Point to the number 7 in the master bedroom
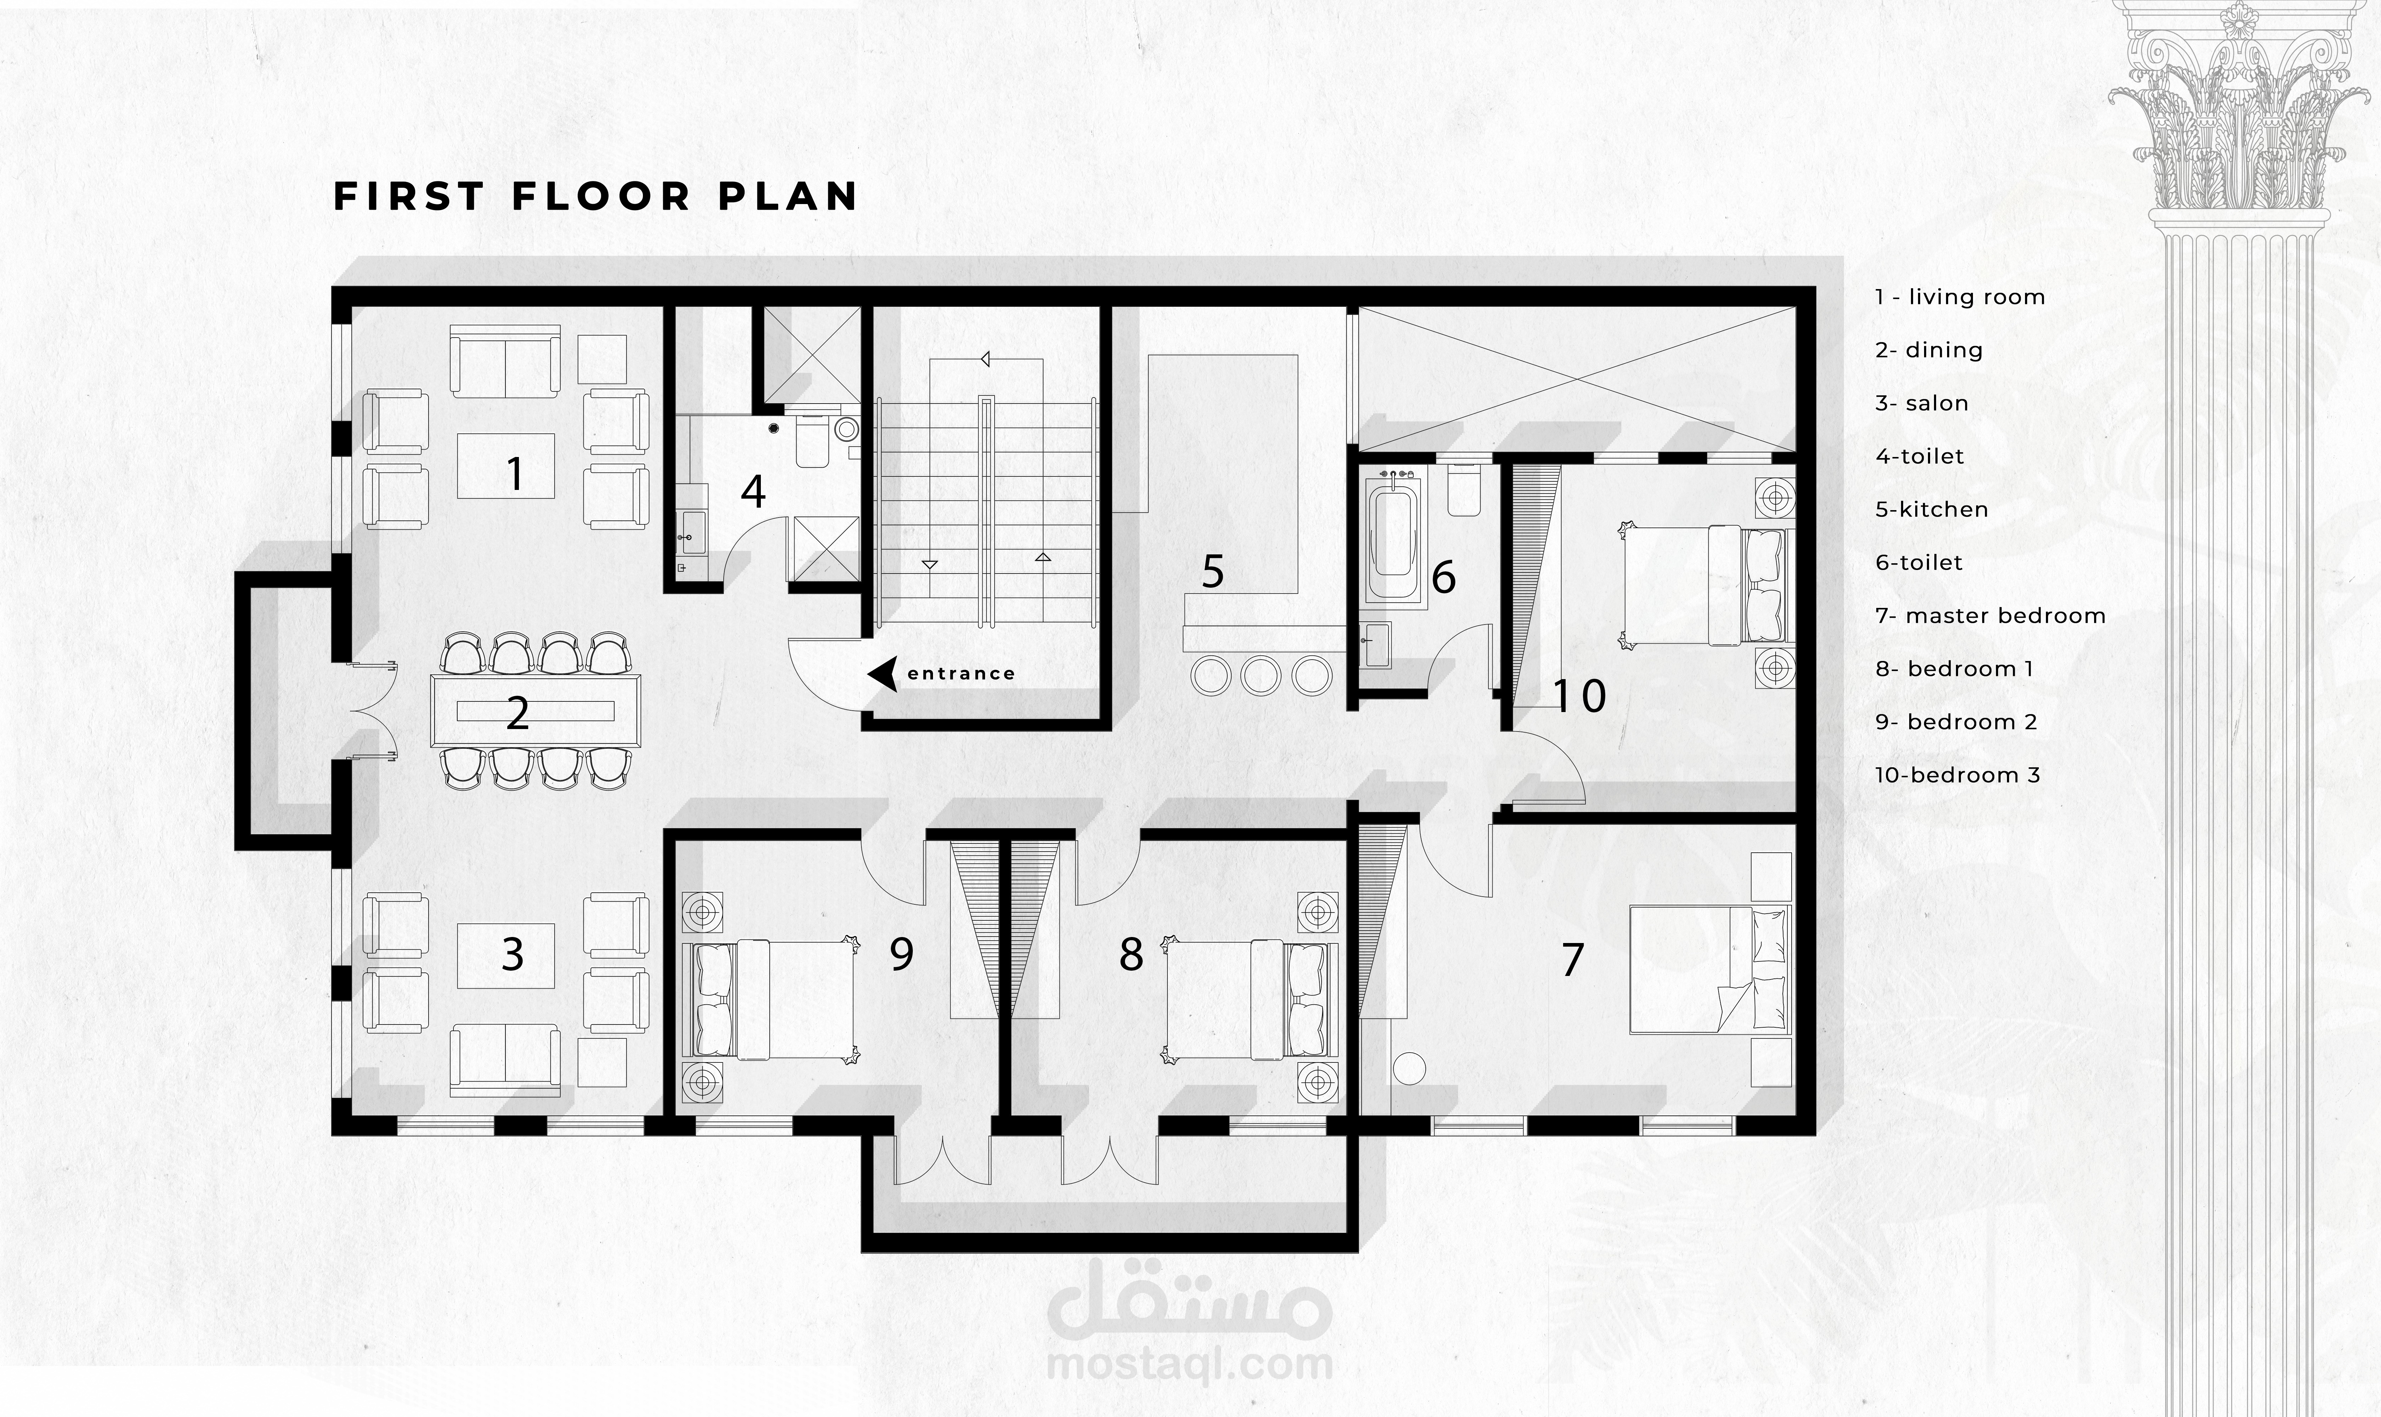pos(1572,960)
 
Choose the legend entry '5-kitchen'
pos(1932,509)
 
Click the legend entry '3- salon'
pos(1921,403)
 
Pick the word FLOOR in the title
pos(601,196)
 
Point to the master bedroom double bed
pos(1709,968)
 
